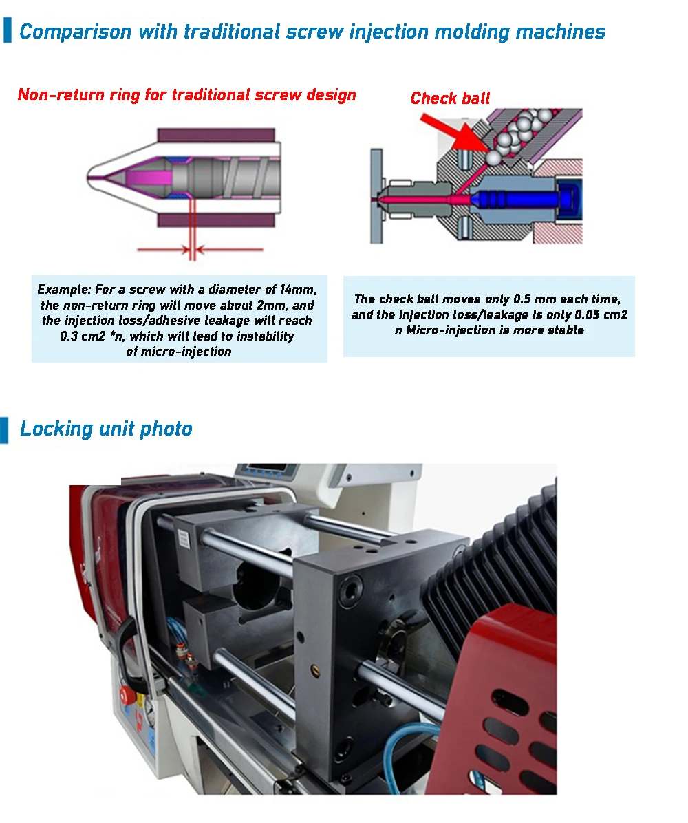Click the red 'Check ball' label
(x=450, y=98)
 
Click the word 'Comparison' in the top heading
(x=76, y=32)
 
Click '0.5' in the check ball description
(x=522, y=299)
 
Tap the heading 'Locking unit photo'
(x=106, y=429)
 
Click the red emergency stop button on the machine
(x=127, y=696)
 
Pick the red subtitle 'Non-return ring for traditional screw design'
(x=187, y=95)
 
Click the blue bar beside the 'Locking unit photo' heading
(x=4, y=430)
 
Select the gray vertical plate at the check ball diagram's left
(x=376, y=196)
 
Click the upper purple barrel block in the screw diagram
(x=216, y=134)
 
